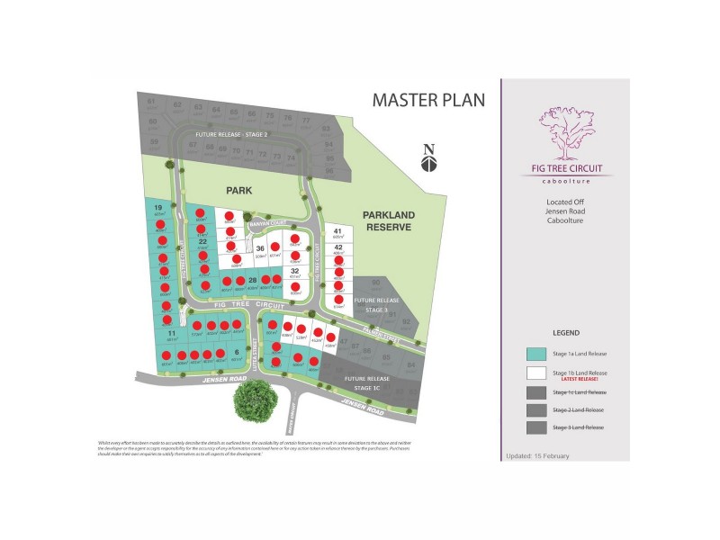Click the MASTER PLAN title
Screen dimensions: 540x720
(x=428, y=99)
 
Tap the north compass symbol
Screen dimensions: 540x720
(x=429, y=159)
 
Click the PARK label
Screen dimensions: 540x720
(x=239, y=191)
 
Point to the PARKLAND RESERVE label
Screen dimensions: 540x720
(x=387, y=221)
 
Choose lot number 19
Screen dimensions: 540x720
(x=157, y=208)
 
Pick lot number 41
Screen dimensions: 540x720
(x=338, y=231)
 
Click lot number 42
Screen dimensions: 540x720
(x=338, y=247)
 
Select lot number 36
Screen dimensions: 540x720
(x=260, y=249)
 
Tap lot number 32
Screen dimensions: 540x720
(x=294, y=271)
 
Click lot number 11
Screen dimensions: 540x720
(x=171, y=334)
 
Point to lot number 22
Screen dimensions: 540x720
(x=203, y=241)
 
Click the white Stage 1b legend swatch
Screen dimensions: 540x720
(x=539, y=373)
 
